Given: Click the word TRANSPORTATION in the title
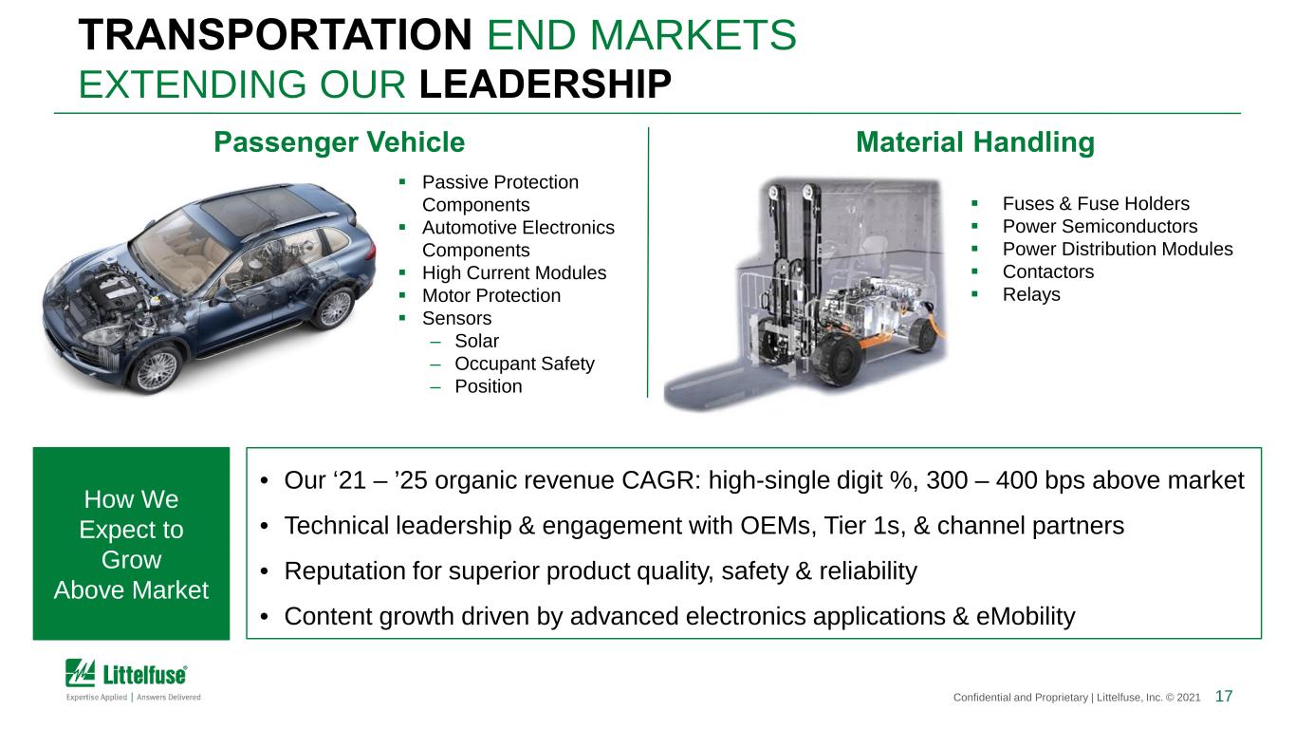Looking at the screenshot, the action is pos(275,35).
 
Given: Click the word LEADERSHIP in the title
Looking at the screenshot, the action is pos(546,84).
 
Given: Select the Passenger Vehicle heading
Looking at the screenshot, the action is pos(340,142).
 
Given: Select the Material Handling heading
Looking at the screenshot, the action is pos(975,142).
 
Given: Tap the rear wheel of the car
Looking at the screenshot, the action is pos(335,308).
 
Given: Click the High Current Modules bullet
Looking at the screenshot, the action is pos(514,272).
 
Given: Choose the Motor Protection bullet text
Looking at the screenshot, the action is pos(491,295).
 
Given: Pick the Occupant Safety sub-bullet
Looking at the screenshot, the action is pos(525,364).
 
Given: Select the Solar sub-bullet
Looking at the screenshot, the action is pos(476,341).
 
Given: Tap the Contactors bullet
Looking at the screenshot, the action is pos(1048,271).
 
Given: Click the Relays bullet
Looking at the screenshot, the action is pos(1031,294).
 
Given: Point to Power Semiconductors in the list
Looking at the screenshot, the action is pos(1100,226).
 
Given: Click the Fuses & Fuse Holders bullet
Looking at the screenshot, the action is pos(1096,204).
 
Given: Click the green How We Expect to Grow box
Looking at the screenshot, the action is pos(131,543).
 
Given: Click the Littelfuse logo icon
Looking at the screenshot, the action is pos(80,673).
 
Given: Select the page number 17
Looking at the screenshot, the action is pos(1223,696).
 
